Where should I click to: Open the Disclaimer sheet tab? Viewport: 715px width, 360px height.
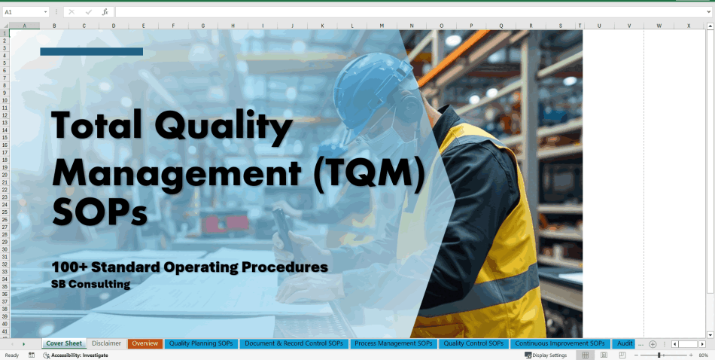(107, 343)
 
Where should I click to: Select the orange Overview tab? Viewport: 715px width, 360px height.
(145, 343)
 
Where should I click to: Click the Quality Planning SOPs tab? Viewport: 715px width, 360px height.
(200, 343)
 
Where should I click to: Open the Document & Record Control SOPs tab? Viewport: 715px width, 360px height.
(294, 343)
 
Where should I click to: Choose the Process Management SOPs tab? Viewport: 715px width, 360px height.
(394, 343)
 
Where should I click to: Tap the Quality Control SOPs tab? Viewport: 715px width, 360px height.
(473, 343)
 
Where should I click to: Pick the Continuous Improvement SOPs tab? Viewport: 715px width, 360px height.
(560, 343)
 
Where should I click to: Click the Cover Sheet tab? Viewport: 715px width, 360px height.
(64, 343)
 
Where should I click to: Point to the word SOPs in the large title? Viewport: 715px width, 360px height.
(99, 212)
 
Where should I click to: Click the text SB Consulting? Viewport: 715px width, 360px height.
(91, 285)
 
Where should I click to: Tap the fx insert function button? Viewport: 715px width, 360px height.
(105, 12)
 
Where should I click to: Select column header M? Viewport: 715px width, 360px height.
(382, 26)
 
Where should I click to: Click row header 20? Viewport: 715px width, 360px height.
(5, 175)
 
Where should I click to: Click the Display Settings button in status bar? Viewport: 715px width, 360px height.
(546, 355)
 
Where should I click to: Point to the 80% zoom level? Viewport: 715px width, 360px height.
(704, 355)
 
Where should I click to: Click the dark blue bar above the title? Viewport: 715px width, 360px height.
(91, 51)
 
